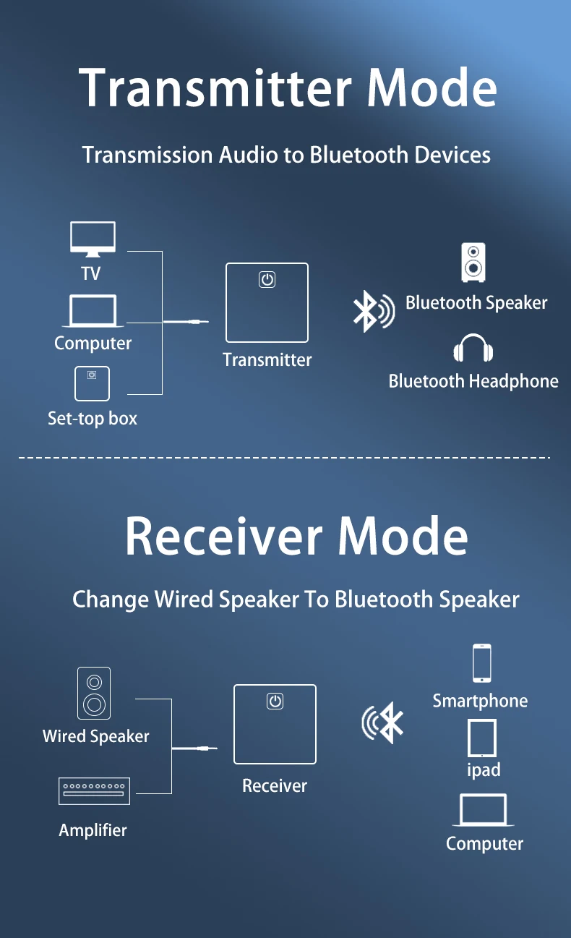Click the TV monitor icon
pos(93,239)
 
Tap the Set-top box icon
pos(92,383)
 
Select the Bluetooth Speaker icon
pos(473,263)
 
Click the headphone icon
pos(473,349)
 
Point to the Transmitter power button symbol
pos(267,279)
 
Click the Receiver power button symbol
pos(275,701)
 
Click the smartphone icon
pos(482,663)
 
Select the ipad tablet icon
pos(482,738)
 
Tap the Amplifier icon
pos(94,791)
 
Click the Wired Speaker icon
pos(94,693)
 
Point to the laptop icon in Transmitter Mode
pos(93,311)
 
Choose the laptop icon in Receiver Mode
pos(484,810)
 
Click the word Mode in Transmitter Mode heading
pos(432,88)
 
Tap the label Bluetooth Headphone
pos(473,381)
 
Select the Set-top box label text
pos(93,418)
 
